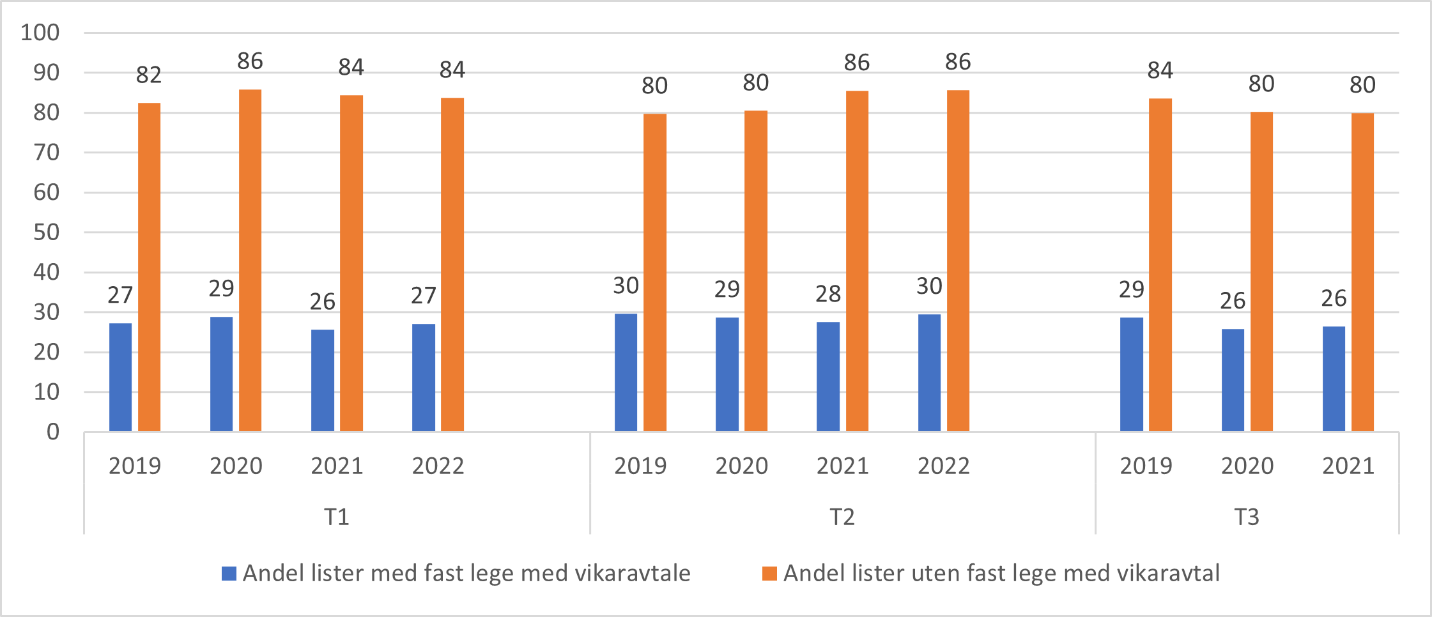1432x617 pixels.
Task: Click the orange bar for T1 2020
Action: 250,261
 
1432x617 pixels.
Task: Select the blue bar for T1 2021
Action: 322,381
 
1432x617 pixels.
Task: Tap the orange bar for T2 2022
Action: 958,261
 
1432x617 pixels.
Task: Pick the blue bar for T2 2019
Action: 626,372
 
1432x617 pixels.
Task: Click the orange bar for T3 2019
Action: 1160,265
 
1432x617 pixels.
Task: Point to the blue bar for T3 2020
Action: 1233,380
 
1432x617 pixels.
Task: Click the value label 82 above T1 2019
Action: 148,75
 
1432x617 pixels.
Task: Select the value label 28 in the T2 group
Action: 828,294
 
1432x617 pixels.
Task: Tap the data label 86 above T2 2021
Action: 856,63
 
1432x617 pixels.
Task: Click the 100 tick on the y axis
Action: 40,33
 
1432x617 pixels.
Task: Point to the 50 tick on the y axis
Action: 46,232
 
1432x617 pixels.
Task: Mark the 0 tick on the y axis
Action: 52,432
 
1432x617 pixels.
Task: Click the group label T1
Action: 336,517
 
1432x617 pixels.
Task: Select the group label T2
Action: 842,517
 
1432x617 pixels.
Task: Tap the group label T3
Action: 1246,517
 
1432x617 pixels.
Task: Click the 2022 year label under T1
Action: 438,466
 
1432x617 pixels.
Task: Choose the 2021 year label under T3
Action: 1348,466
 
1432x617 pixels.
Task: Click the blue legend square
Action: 229,574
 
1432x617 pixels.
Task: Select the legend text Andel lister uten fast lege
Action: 1001,574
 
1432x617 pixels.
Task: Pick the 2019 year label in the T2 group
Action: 640,466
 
